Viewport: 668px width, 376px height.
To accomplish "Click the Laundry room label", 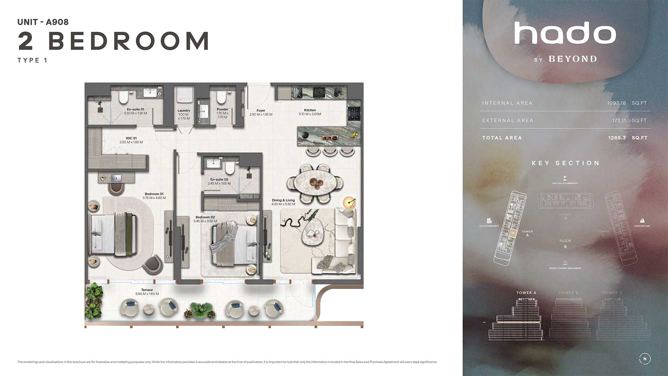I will point(184,111).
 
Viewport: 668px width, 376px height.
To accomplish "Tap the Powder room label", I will point(222,109).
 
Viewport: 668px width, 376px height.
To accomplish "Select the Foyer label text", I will point(261,110).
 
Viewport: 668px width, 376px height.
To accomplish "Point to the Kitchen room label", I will point(310,110).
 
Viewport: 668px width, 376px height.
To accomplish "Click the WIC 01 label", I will point(131,138).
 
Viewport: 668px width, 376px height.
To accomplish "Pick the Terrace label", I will point(147,290).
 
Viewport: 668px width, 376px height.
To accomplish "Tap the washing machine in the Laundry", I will point(184,95).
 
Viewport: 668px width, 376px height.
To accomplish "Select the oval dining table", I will point(315,183).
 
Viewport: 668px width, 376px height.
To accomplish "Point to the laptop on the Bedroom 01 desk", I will point(116,177).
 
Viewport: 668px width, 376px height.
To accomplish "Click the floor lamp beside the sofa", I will point(350,202).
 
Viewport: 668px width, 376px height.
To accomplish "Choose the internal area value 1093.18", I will point(616,103).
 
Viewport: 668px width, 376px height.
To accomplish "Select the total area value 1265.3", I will point(617,138).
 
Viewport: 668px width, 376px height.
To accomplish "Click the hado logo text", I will point(565,33).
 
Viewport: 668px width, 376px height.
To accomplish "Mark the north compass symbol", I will point(645,359).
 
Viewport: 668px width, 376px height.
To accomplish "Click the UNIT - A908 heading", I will point(43,22).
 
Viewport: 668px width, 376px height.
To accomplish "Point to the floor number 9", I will point(565,247).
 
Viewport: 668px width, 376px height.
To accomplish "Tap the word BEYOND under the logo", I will point(573,59).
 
